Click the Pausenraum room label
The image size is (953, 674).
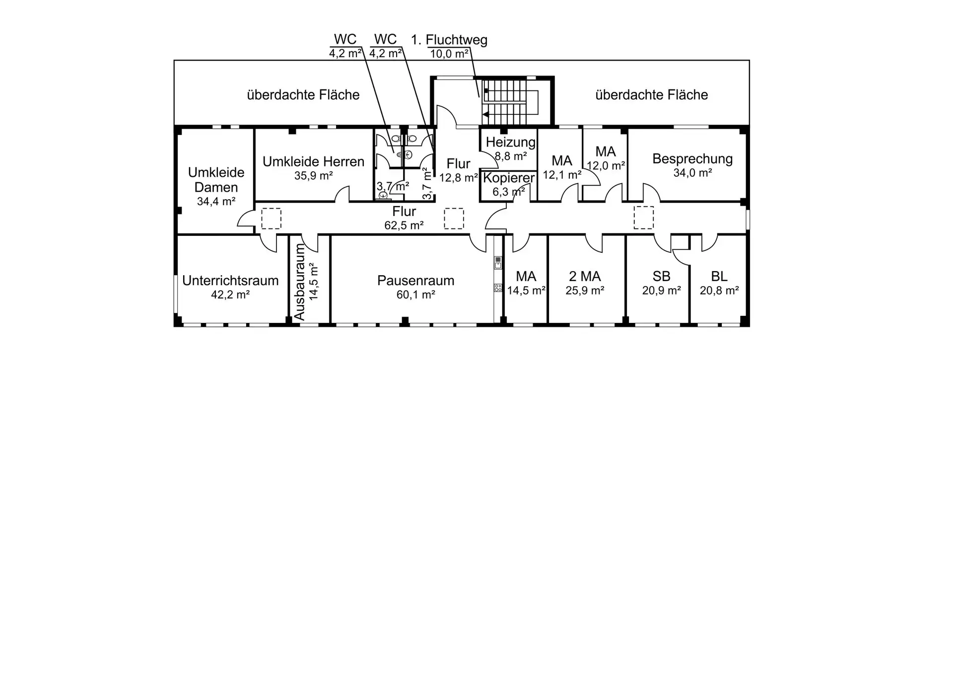point(415,281)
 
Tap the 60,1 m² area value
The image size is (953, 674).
point(415,295)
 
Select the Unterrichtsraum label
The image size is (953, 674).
point(230,281)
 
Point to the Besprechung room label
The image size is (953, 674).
point(692,159)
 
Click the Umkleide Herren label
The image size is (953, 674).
point(313,161)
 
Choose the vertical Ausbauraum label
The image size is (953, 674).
point(299,282)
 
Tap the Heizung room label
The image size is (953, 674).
point(510,142)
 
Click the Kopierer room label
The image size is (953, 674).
point(509,178)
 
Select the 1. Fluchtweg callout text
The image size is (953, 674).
point(449,40)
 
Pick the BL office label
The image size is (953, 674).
point(719,276)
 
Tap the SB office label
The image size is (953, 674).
point(661,276)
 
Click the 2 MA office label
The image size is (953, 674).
point(585,276)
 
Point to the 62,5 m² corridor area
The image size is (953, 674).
point(404,225)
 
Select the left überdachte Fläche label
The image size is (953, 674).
point(303,95)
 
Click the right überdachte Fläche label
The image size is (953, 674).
point(652,95)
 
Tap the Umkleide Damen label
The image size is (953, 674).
point(216,180)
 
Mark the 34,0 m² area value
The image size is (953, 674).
point(692,173)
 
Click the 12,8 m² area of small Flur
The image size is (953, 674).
point(459,177)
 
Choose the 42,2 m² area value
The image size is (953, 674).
point(230,295)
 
